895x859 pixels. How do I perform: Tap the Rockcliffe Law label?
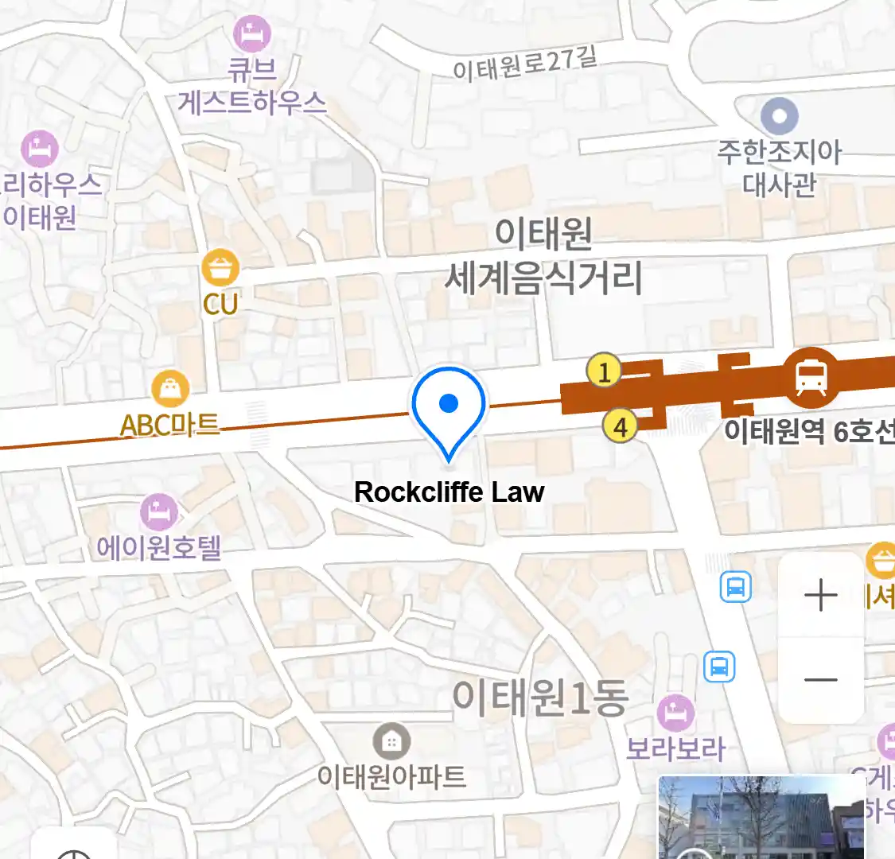click(x=449, y=492)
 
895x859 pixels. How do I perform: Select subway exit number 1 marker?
click(x=604, y=371)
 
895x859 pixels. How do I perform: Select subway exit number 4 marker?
click(x=620, y=427)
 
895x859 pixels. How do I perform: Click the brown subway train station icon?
click(x=811, y=377)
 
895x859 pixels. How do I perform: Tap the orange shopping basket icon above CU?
click(x=220, y=269)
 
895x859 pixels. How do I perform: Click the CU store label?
click(x=220, y=304)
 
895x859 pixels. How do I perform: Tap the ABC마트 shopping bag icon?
click(x=170, y=390)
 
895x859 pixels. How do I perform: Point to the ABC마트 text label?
click(x=169, y=425)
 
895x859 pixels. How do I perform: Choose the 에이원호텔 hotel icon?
click(x=158, y=512)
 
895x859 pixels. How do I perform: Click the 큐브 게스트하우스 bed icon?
click(x=252, y=34)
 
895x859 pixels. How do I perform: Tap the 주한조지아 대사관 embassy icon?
click(x=779, y=117)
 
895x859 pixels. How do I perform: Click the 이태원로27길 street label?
click(x=524, y=64)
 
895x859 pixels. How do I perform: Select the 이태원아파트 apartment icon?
click(x=391, y=742)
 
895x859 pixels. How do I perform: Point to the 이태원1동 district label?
click(x=540, y=697)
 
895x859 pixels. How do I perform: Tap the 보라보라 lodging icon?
click(x=676, y=713)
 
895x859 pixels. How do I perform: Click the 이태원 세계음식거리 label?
click(x=543, y=256)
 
